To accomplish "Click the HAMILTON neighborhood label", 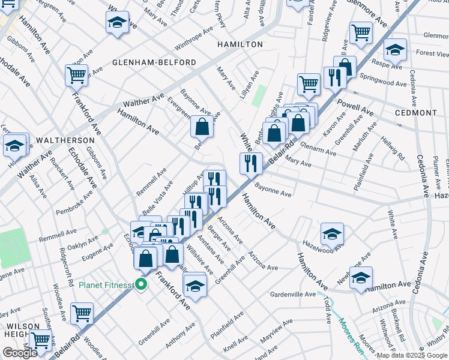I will (x=240, y=44).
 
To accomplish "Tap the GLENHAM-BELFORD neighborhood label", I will (x=154, y=62).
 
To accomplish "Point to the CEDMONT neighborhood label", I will (x=416, y=113).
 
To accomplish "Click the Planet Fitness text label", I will (x=105, y=284).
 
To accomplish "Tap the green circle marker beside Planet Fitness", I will (x=142, y=284).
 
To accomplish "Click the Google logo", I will (x=20, y=353).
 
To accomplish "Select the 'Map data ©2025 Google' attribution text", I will (x=411, y=355).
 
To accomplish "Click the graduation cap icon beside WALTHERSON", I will (x=14, y=145).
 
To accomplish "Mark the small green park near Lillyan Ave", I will (x=260, y=94).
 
